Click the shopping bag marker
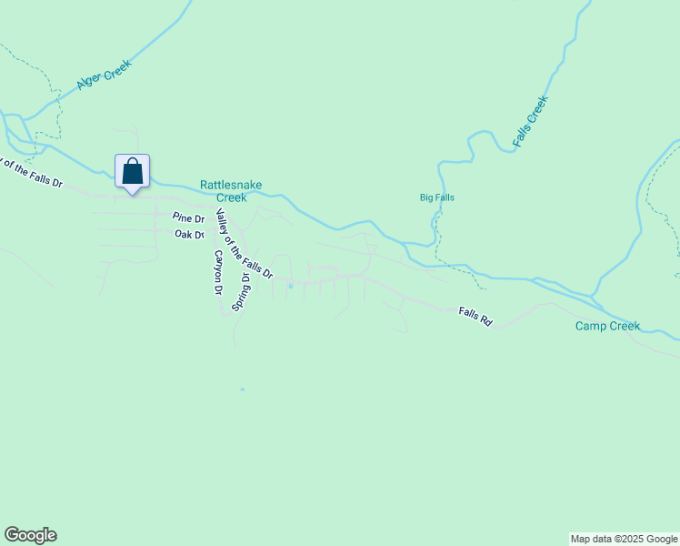tap(133, 171)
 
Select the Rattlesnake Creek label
tap(231, 191)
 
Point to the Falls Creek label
tap(531, 122)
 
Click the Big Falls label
tap(436, 197)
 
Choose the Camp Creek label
tap(607, 326)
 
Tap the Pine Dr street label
tap(188, 218)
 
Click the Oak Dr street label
tap(187, 234)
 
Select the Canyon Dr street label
tap(218, 272)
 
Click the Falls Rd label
tap(475, 316)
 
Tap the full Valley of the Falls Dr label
tap(244, 243)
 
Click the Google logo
tap(30, 535)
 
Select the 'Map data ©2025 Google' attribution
tap(625, 539)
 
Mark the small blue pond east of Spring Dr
tap(290, 287)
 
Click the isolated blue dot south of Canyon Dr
tap(242, 389)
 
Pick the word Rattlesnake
tap(231, 185)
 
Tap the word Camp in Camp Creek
tap(591, 326)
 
